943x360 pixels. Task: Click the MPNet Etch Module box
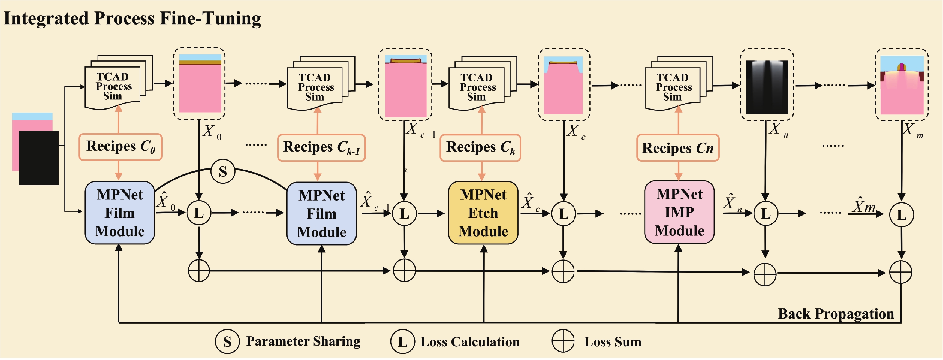(x=483, y=213)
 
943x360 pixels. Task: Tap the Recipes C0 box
(x=120, y=146)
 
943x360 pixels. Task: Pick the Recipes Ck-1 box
(x=321, y=148)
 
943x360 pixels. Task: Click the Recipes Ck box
(x=480, y=148)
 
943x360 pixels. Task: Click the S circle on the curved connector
(x=222, y=171)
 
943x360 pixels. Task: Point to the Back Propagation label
(x=836, y=314)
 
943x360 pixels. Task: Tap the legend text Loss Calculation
(x=470, y=342)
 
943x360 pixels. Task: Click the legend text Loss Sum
(x=613, y=342)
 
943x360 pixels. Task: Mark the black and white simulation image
(x=767, y=87)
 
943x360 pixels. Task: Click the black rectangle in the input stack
(x=39, y=158)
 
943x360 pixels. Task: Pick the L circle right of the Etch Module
(x=563, y=214)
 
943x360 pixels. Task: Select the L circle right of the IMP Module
(x=765, y=214)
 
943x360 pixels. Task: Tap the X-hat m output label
(x=864, y=206)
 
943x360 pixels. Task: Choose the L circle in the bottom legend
(x=402, y=341)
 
